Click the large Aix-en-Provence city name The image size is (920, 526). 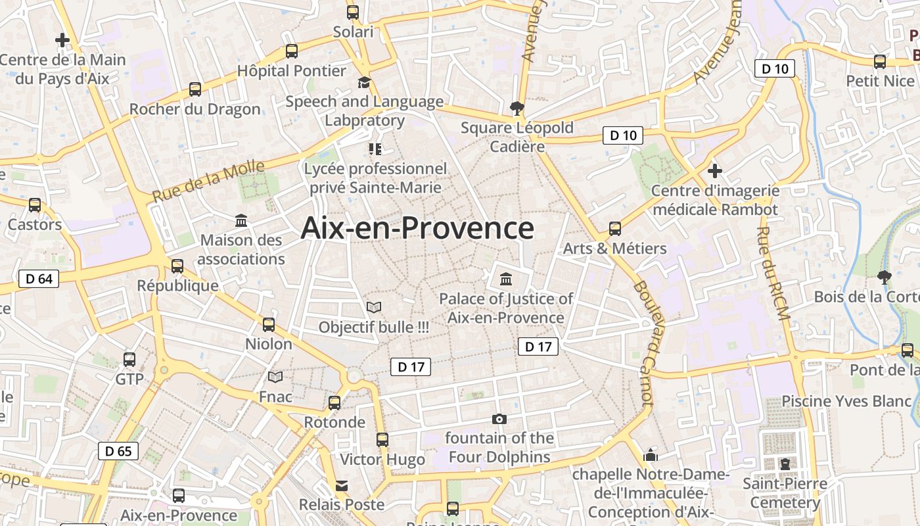(x=417, y=229)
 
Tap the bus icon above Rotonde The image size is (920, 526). (x=334, y=403)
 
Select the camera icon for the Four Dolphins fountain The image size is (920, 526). (x=499, y=419)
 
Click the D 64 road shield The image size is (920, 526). (x=39, y=279)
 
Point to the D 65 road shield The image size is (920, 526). (x=118, y=451)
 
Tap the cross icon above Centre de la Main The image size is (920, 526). (x=62, y=41)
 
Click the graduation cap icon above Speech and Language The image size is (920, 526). (x=364, y=83)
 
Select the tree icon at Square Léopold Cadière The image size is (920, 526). (x=517, y=108)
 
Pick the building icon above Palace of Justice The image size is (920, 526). (x=505, y=279)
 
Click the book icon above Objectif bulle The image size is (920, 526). (x=373, y=307)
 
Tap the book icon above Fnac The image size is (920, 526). (x=275, y=377)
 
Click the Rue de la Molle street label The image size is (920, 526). (x=208, y=181)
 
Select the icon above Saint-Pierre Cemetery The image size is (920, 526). (x=785, y=464)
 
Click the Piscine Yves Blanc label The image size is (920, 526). (x=837, y=401)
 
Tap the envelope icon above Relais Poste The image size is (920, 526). (x=342, y=486)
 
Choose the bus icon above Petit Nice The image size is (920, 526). (x=880, y=62)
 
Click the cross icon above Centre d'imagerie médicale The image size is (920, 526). (x=715, y=172)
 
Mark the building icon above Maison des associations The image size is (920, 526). (x=241, y=220)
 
